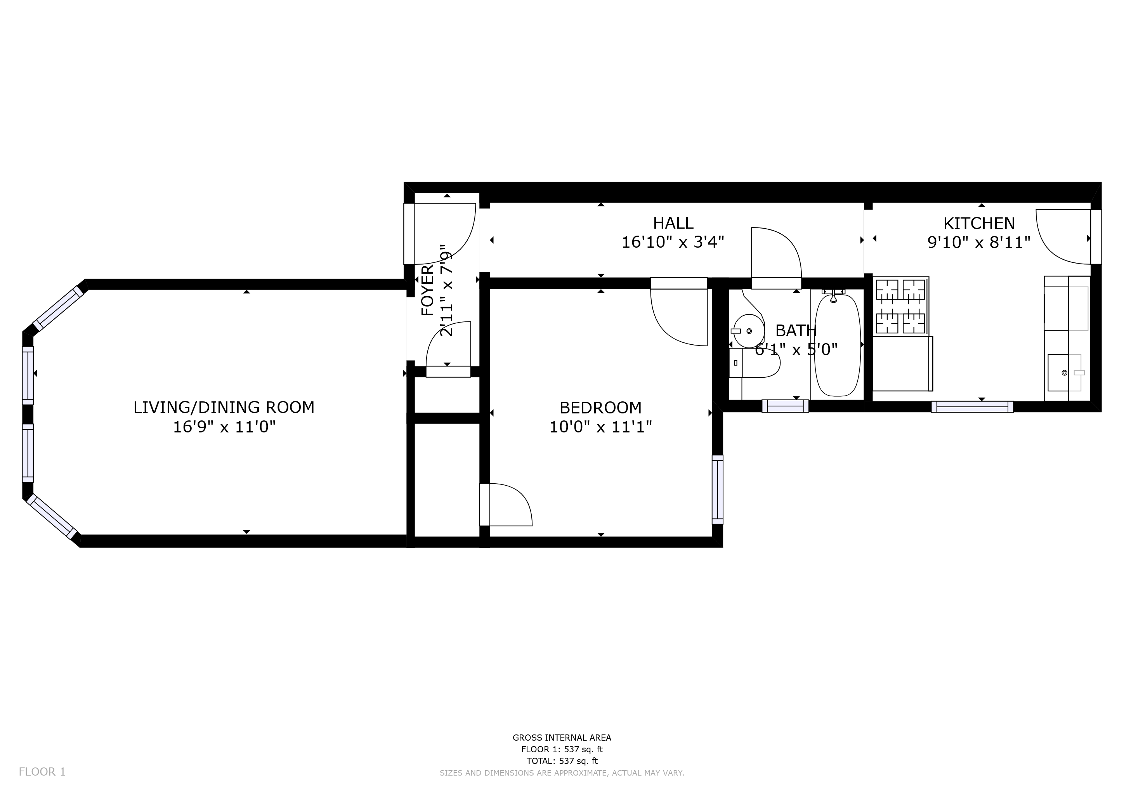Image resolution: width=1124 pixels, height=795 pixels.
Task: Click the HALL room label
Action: [673, 223]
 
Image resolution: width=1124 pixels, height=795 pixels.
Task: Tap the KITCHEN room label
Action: [979, 223]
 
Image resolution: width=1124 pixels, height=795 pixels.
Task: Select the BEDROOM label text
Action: [601, 407]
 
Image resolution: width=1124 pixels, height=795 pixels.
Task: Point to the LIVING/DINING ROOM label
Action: [224, 407]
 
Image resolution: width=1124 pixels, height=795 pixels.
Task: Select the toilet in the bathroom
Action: [754, 363]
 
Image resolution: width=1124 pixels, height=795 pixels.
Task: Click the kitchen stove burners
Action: [901, 306]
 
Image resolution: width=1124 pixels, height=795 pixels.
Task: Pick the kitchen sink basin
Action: [1059, 373]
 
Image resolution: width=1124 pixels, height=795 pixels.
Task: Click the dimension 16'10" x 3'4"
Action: [673, 242]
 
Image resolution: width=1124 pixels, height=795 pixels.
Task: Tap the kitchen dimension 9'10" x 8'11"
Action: [979, 242]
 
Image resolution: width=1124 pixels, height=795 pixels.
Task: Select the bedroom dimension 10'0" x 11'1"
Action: [601, 427]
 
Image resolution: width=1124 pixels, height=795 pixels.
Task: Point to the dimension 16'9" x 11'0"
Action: [224, 427]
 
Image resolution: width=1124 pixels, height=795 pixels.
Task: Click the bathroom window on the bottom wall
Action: [785, 406]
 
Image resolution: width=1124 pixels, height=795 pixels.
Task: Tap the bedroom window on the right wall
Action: [717, 489]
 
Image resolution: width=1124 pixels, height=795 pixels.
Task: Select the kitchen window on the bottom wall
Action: [972, 407]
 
